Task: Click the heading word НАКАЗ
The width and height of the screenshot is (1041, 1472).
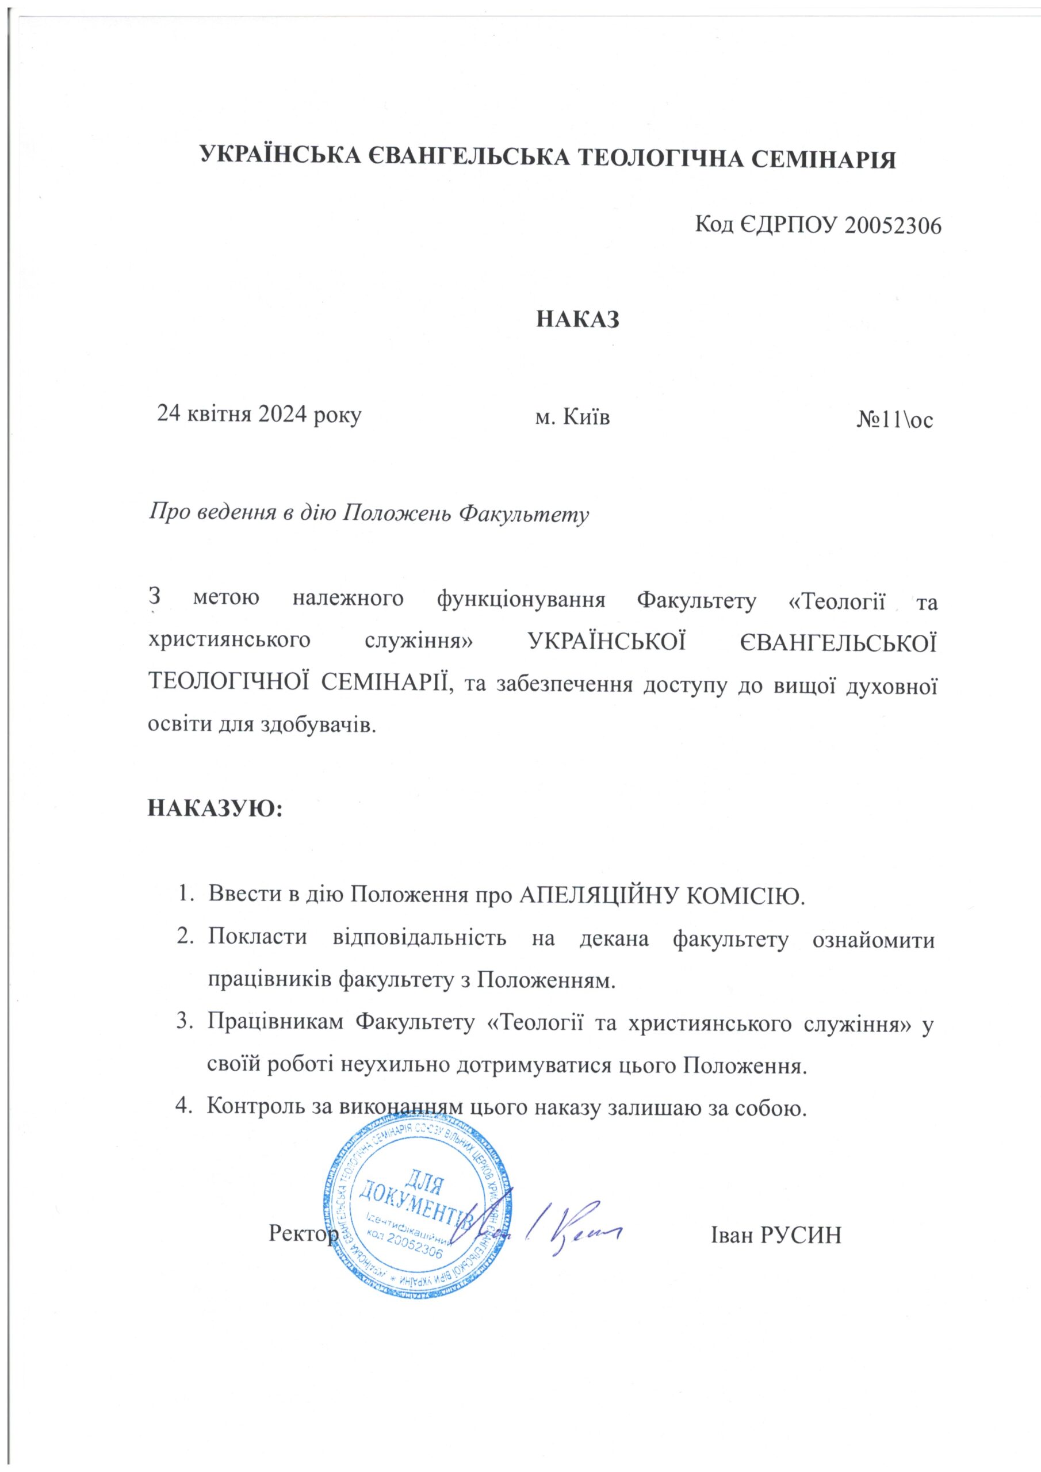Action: [578, 319]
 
